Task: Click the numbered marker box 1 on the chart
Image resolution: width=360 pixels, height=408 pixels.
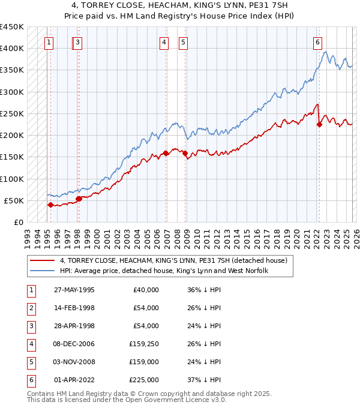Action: point(48,42)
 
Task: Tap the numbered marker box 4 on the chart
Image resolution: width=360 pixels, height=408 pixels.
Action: point(164,42)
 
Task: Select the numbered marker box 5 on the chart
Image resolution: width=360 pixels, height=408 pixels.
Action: point(183,42)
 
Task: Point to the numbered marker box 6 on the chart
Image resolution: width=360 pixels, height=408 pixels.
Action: point(317,42)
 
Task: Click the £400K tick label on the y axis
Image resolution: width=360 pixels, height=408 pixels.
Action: point(12,49)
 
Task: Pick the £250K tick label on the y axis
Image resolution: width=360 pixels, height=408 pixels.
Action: point(12,113)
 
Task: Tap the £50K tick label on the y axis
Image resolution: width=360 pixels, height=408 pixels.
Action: point(14,200)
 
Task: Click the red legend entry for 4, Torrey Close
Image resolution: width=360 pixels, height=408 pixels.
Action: point(173,260)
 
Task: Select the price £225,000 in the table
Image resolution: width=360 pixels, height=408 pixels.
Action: point(144,380)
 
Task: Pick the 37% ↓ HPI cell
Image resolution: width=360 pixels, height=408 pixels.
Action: point(204,380)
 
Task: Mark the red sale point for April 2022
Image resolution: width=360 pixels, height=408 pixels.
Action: point(319,125)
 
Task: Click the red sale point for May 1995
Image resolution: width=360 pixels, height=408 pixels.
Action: point(50,205)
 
